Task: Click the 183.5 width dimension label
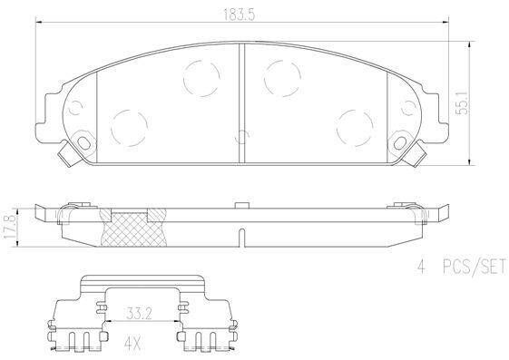tap(239, 15)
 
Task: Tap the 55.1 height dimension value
tap(462, 102)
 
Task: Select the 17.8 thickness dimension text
tap(9, 227)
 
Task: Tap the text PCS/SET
tap(475, 267)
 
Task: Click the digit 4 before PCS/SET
tap(421, 267)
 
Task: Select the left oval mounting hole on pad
tap(83, 142)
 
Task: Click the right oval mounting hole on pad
tap(400, 142)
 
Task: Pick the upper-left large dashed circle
tap(201, 78)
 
